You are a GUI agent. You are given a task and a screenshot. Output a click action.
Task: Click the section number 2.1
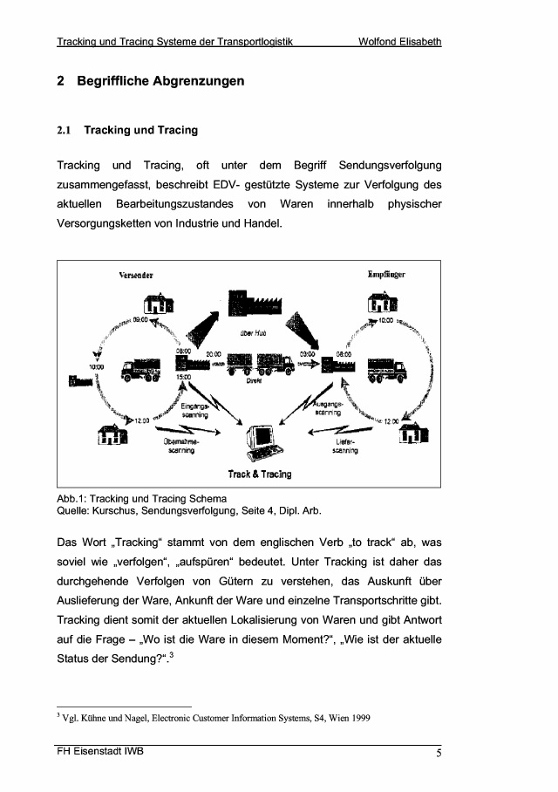[65, 131]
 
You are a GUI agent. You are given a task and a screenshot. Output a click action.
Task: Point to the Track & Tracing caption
[260, 475]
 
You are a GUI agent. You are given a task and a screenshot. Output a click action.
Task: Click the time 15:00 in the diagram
[184, 377]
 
